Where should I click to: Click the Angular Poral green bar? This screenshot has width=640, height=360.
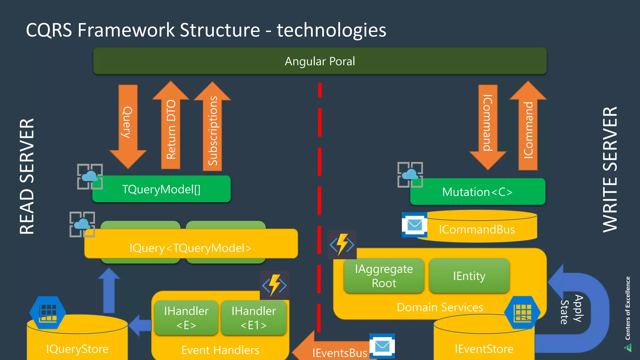coord(320,61)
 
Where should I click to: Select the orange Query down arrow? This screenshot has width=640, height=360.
coord(128,125)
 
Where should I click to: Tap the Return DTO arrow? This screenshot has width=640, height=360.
coord(171,128)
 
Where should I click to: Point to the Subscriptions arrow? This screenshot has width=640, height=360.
coord(212,130)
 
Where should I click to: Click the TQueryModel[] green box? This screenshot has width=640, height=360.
coord(162,189)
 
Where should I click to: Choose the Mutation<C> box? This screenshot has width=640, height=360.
coord(477,192)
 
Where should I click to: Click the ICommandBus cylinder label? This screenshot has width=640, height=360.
coord(477,229)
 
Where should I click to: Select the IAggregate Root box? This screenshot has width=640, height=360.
coord(384,276)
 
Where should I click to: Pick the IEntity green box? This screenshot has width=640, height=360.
coord(469,276)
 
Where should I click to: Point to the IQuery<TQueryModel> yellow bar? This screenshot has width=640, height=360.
coord(191,248)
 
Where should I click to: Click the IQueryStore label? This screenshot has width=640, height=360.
coord(77,349)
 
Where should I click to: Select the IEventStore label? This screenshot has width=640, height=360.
coord(484,349)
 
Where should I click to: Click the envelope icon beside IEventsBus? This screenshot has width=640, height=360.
coord(382,346)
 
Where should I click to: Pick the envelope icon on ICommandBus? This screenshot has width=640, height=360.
coord(415,225)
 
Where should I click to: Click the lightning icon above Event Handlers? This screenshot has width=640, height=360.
coord(274,285)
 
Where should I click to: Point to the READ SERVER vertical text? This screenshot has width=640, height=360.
coord(27,177)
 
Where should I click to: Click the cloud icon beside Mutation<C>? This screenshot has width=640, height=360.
coord(410,175)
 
